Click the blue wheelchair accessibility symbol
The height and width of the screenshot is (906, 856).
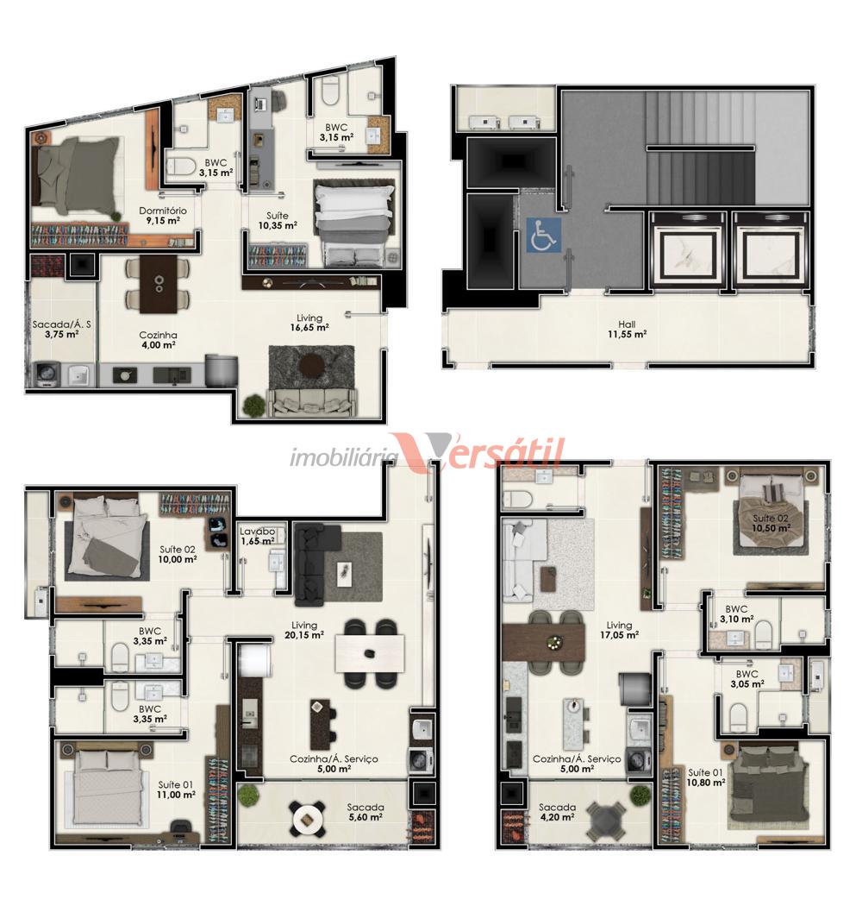[x=543, y=235]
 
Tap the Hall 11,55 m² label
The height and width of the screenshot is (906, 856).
[x=627, y=330]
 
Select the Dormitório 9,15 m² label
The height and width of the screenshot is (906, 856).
[x=163, y=216]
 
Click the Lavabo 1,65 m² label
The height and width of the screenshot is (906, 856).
[x=258, y=536]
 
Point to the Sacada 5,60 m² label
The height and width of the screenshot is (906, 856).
[x=366, y=812]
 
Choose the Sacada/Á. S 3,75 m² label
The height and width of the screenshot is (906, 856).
[x=61, y=329]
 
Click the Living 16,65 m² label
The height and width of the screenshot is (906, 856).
[x=309, y=323]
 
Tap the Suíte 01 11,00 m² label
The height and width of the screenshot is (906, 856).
[x=176, y=790]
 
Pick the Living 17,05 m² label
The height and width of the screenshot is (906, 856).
[x=619, y=630]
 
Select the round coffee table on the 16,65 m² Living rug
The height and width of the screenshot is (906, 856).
[x=312, y=364]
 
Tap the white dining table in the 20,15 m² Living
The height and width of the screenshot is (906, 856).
[x=370, y=653]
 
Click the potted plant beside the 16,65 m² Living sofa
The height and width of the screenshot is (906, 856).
[x=254, y=406]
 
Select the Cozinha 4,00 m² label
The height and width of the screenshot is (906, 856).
[x=158, y=340]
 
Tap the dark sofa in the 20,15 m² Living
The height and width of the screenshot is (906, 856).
[x=316, y=564]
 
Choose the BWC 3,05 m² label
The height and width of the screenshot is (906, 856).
[x=747, y=679]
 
